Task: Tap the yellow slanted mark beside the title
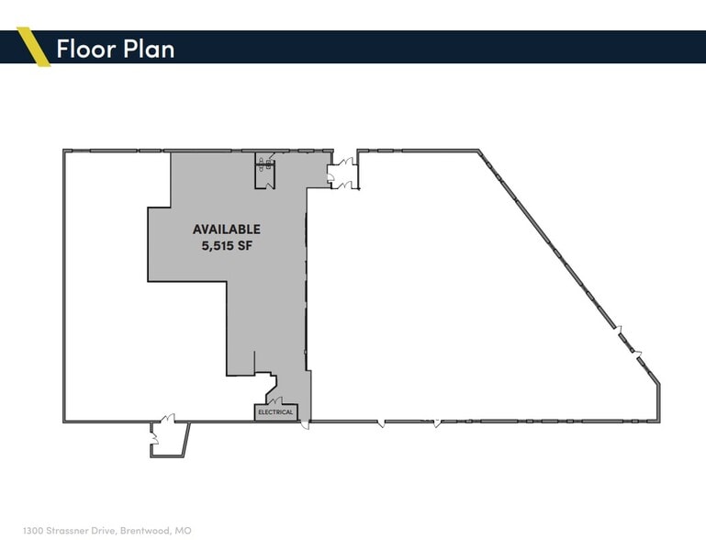34,47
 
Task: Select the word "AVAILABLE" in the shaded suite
226,230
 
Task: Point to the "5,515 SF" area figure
226,245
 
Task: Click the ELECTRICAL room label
275,412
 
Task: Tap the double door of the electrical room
275,399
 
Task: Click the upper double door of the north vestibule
346,163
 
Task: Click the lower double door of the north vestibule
346,185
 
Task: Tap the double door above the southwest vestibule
167,420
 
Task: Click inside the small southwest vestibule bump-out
169,438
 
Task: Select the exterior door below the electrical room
306,423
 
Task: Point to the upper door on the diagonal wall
620,329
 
